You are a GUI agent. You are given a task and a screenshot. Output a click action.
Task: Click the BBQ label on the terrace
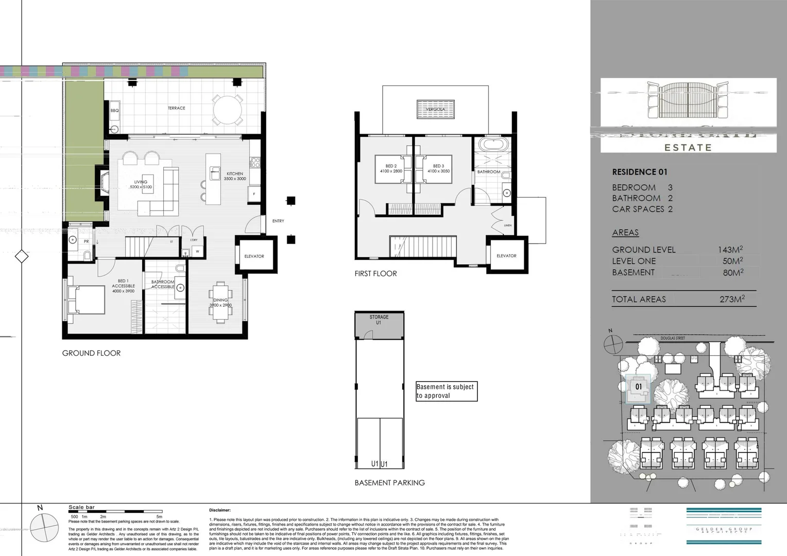[x=114, y=111]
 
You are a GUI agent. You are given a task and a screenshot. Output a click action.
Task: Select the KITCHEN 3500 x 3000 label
[x=235, y=176]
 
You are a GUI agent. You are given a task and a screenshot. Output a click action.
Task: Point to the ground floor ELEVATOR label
[x=254, y=256]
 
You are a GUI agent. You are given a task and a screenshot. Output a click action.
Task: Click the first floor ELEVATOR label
[x=506, y=255]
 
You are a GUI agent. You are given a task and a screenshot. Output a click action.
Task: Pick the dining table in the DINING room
[x=220, y=302]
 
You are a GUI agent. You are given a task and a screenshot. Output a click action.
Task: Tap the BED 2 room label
[x=390, y=168]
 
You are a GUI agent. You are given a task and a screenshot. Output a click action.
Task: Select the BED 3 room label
[x=438, y=168]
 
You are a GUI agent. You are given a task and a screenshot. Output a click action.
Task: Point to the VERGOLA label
[x=435, y=109]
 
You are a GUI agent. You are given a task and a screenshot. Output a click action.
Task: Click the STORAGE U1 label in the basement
[x=379, y=320]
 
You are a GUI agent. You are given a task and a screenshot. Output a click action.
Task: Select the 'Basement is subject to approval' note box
[x=446, y=391]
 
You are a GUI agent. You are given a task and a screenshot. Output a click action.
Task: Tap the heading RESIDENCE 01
[x=639, y=172]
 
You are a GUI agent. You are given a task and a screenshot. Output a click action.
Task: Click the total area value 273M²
[x=732, y=299]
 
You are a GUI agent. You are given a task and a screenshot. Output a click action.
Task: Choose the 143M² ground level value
[x=730, y=250]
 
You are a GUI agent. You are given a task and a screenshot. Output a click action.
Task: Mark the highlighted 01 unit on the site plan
[x=639, y=387]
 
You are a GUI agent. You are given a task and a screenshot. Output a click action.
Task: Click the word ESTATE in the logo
[x=688, y=147]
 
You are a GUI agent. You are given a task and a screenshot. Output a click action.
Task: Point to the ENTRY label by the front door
[x=278, y=221]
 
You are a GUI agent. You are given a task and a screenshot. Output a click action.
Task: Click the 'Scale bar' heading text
[x=81, y=508]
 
